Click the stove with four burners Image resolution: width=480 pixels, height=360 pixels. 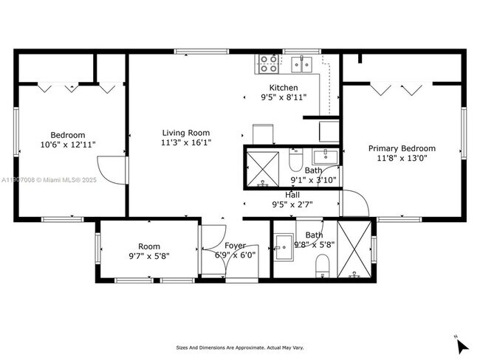coord(268,64)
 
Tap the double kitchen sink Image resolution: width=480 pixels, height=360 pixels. coord(301,65)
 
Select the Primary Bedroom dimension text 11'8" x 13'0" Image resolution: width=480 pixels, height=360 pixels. coord(402,158)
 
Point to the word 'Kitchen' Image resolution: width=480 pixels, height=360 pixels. coord(284,87)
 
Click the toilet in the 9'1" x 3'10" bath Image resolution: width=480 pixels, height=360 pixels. coord(295,159)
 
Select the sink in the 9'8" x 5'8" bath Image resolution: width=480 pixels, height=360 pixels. coord(284,243)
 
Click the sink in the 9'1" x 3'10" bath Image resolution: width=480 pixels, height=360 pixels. coord(324,156)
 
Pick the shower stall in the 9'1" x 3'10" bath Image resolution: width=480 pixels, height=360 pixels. coord(263,165)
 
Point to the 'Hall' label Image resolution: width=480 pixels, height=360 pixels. coord(292,195)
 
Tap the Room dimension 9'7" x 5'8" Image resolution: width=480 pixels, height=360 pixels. coord(149,257)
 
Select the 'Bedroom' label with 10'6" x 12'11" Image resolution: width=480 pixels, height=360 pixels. coord(68,135)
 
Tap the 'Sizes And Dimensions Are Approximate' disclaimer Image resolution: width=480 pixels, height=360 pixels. coord(239,347)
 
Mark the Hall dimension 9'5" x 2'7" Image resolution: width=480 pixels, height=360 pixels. coord(292,204)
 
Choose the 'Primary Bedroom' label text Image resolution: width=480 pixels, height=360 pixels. coord(402,148)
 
